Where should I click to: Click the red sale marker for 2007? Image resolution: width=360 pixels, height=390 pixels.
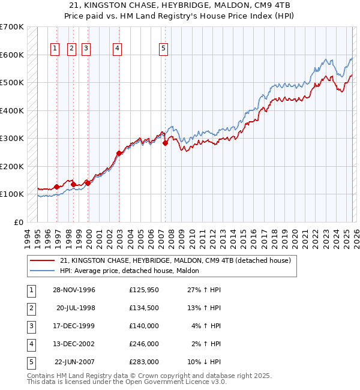pos(165,143)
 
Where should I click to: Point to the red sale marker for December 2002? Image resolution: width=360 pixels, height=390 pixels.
pos(119,154)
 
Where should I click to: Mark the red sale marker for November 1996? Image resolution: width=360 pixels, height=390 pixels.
pos(57,187)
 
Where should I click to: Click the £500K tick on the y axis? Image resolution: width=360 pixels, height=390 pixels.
pos(12,83)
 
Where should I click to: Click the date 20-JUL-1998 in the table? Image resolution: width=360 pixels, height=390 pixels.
pos(76,308)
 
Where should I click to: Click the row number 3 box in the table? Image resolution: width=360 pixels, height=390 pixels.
pos(30,326)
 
